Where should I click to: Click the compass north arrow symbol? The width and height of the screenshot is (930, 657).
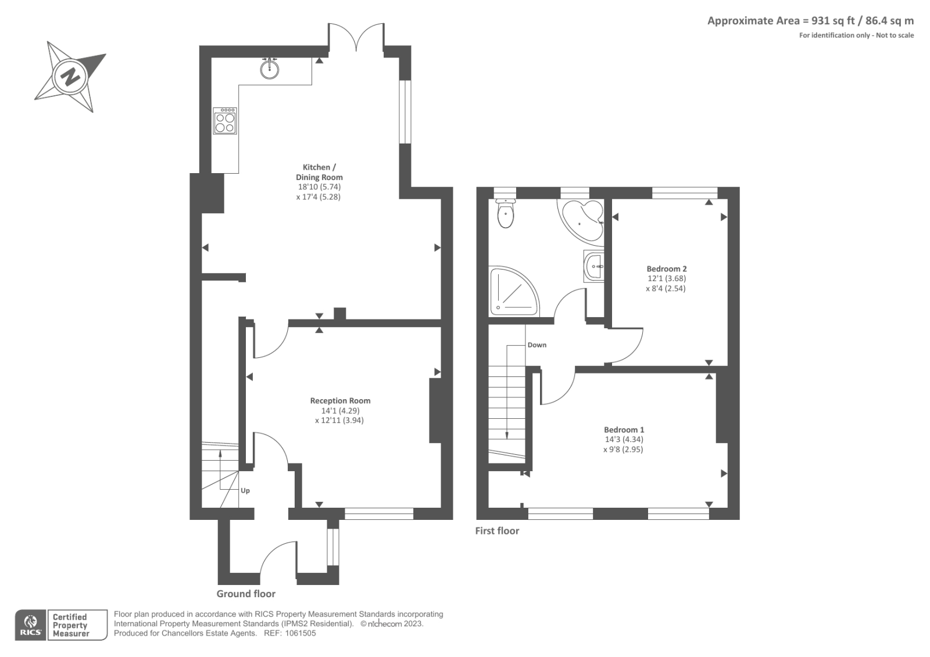click(x=70, y=76)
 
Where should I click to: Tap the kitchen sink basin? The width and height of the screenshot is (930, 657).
click(x=269, y=70)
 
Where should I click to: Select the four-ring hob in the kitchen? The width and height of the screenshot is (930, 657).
click(x=225, y=121)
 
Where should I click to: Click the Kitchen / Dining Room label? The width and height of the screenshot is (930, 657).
click(x=319, y=172)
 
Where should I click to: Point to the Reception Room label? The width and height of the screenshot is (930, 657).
click(x=340, y=401)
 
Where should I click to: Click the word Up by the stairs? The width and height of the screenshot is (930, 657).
click(x=245, y=491)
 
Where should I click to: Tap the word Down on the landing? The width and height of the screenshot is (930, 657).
click(x=536, y=345)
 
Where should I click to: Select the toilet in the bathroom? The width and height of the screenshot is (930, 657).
click(x=506, y=214)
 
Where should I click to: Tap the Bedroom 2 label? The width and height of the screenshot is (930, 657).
click(x=667, y=269)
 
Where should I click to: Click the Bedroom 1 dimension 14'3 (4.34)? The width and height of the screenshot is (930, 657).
click(x=624, y=440)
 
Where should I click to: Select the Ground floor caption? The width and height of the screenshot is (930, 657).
click(x=246, y=594)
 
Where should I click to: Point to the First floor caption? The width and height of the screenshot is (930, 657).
click(x=497, y=530)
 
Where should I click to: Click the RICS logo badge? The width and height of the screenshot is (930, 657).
click(x=30, y=625)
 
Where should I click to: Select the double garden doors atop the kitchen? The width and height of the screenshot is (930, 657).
click(x=356, y=36)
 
